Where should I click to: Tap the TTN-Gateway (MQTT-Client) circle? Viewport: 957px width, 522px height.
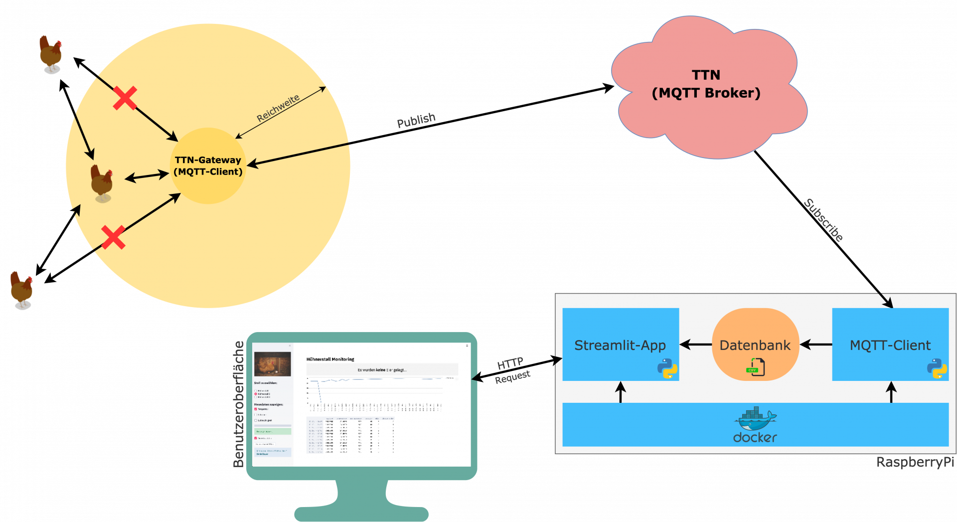(x=208, y=166)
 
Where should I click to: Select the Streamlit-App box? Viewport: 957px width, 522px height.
(x=620, y=345)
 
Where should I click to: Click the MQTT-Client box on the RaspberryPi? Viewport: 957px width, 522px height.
(x=890, y=345)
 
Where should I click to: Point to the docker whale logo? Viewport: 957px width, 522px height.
(x=755, y=419)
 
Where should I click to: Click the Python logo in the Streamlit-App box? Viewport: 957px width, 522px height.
(x=667, y=369)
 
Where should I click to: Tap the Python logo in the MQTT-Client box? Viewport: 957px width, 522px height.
(x=937, y=369)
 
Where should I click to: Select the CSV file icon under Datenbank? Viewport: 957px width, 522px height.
(x=756, y=367)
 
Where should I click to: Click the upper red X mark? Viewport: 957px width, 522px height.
(x=125, y=98)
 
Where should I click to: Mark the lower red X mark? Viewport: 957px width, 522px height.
(x=113, y=237)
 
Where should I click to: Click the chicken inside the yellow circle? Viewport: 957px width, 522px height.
(x=102, y=182)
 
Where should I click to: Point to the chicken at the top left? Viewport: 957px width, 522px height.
(x=50, y=53)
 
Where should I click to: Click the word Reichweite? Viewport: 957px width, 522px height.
(x=278, y=108)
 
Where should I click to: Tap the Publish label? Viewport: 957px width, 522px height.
(x=416, y=120)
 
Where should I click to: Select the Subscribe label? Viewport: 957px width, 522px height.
(x=823, y=220)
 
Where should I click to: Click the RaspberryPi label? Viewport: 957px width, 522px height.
(x=915, y=462)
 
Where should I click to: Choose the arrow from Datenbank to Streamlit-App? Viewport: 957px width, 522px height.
(x=696, y=345)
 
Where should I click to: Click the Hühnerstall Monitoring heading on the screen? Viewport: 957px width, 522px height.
(x=330, y=359)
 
